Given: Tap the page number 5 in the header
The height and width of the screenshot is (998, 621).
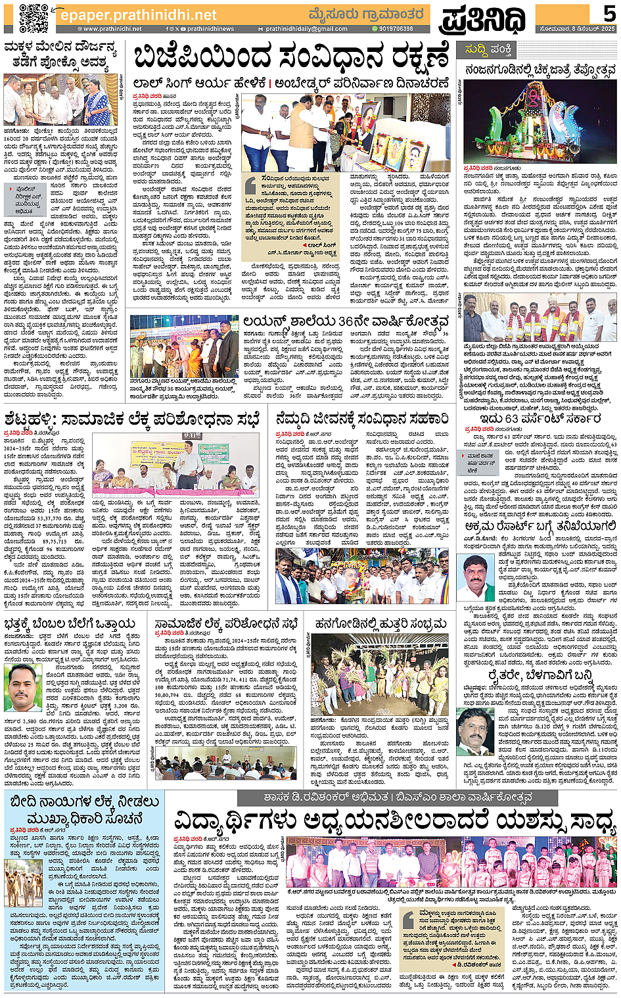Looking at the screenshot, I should click(609, 13).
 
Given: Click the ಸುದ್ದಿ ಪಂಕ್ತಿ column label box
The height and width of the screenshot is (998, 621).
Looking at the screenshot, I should click(489, 50).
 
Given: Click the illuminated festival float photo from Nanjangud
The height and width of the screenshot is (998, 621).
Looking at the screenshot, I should click(540, 122).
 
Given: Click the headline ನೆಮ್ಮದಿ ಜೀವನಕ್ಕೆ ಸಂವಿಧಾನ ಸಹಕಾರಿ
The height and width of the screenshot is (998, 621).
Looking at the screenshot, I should click(362, 419).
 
